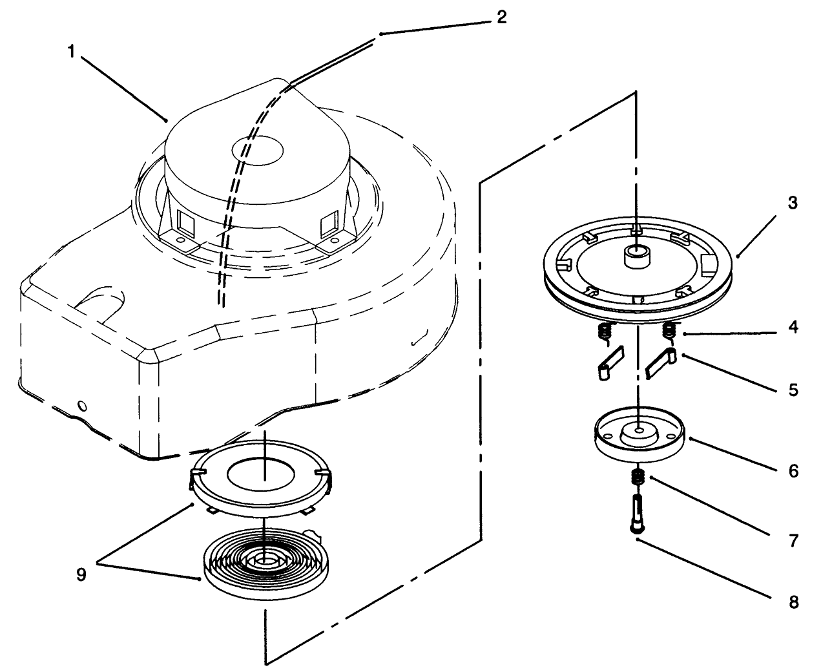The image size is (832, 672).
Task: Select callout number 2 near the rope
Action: coord(501,17)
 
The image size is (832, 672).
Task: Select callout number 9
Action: coord(81,574)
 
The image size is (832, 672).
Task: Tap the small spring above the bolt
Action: coord(638,479)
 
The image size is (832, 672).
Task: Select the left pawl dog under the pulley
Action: coord(608,362)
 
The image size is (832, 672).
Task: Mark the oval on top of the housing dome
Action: coord(258,150)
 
